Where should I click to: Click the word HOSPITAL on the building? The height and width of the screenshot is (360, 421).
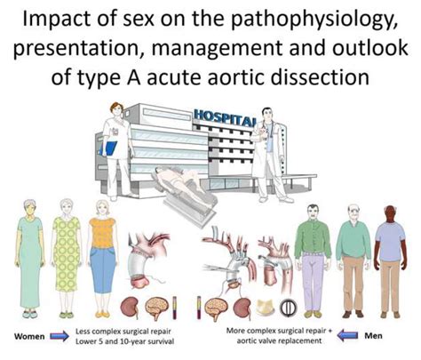click(x=219, y=117)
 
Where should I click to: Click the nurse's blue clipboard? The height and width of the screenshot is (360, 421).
click(x=111, y=151)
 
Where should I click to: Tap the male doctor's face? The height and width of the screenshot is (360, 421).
click(x=262, y=113)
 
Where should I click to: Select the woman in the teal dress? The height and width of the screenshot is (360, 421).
click(x=29, y=258)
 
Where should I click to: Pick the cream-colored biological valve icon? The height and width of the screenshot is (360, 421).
click(x=262, y=308)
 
